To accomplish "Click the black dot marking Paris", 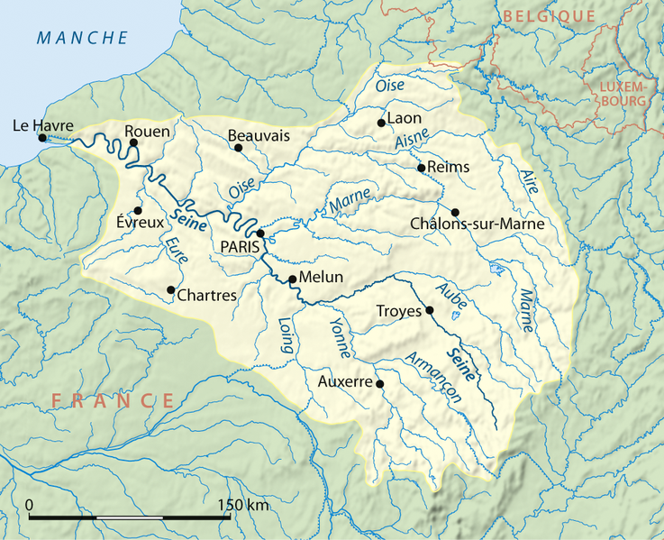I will (259, 233).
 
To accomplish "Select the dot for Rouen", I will (133, 142).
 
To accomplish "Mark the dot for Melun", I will (292, 279).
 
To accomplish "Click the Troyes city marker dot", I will (429, 311).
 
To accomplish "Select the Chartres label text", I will (207, 295).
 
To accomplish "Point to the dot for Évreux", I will (138, 209).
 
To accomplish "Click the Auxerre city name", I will (345, 382).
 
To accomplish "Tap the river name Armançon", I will (426, 371).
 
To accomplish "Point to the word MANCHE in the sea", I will (83, 38).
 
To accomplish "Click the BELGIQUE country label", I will (549, 16).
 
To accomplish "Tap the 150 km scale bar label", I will (243, 505).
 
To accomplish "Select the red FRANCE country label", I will (113, 400).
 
